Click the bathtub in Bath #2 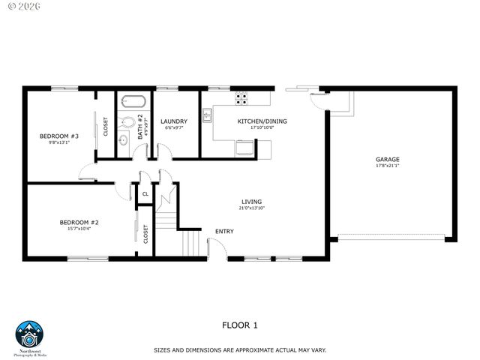pyautogui.click(x=134, y=100)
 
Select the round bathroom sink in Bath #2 pyautogui.click(x=124, y=139)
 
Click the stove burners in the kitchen pyautogui.click(x=241, y=96)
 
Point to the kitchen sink pyautogui.click(x=207, y=115)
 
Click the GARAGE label pyautogui.click(x=387, y=159)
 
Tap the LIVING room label pyautogui.click(x=251, y=201)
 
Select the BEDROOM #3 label pyautogui.click(x=58, y=136)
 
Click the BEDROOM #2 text pyautogui.click(x=79, y=222)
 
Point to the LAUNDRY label pyautogui.click(x=174, y=121)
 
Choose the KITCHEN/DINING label pyautogui.click(x=262, y=121)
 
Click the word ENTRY pyautogui.click(x=224, y=231)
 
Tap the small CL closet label pyautogui.click(x=145, y=193)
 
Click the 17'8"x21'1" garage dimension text pyautogui.click(x=387, y=166)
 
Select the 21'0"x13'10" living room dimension pyautogui.click(x=251, y=208)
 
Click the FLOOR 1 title pyautogui.click(x=239, y=325)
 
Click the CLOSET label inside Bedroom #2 pyautogui.click(x=145, y=234)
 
